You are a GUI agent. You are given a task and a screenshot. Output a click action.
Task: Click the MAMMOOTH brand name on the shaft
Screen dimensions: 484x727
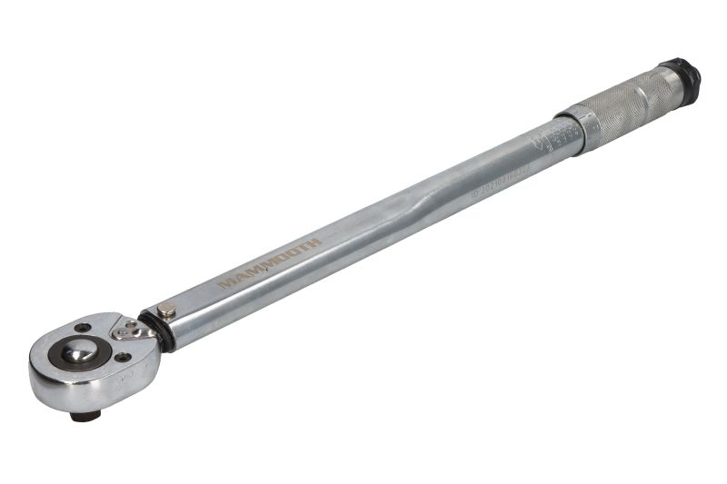pos(268,263)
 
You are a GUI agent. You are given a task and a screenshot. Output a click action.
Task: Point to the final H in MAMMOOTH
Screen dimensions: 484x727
pos(314,243)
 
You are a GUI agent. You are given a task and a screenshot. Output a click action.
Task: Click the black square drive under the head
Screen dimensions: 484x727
pos(86,415)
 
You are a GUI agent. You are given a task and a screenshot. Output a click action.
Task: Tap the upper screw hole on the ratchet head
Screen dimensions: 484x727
pos(83,328)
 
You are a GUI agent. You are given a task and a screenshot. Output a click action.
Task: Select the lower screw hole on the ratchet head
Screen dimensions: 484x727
pos(121,357)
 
